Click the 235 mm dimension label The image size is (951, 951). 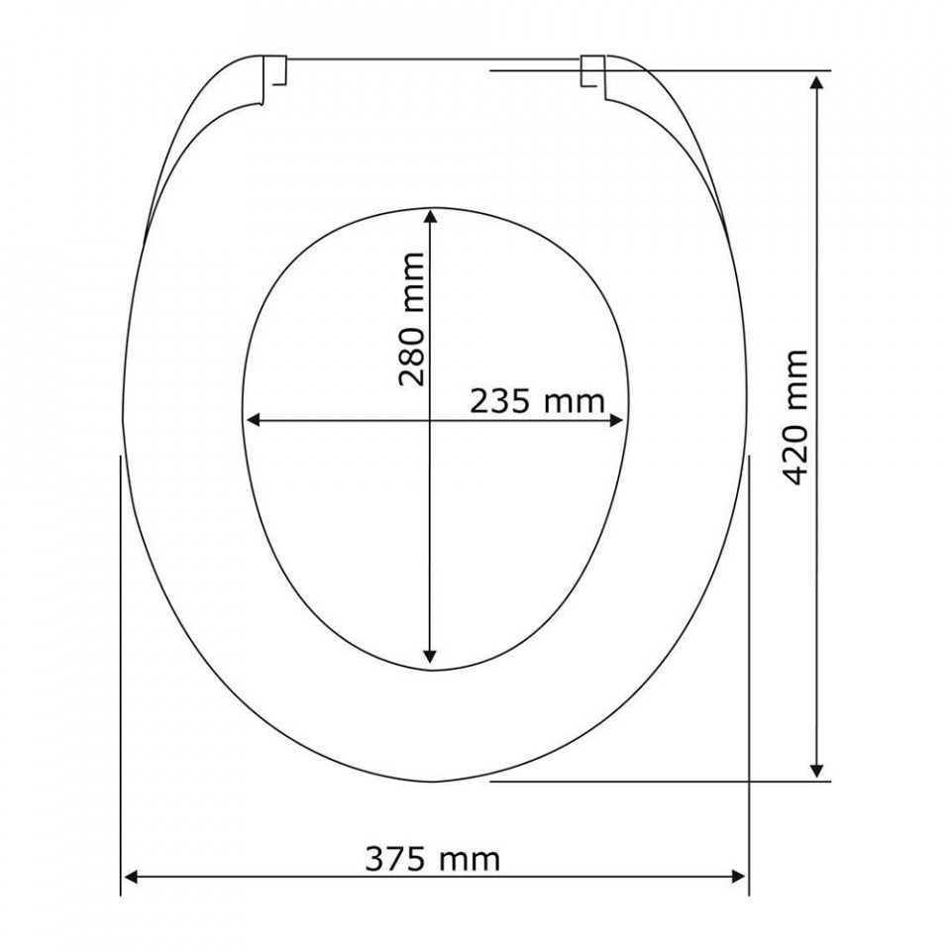537,401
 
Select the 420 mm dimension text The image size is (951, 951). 796,417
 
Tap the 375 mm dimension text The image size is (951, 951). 433,860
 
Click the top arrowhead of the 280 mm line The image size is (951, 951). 430,216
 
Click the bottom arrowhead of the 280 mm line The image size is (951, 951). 430,656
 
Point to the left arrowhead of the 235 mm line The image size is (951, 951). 253,420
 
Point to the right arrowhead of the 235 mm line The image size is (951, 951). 616,420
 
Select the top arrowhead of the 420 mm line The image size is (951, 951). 817,81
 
